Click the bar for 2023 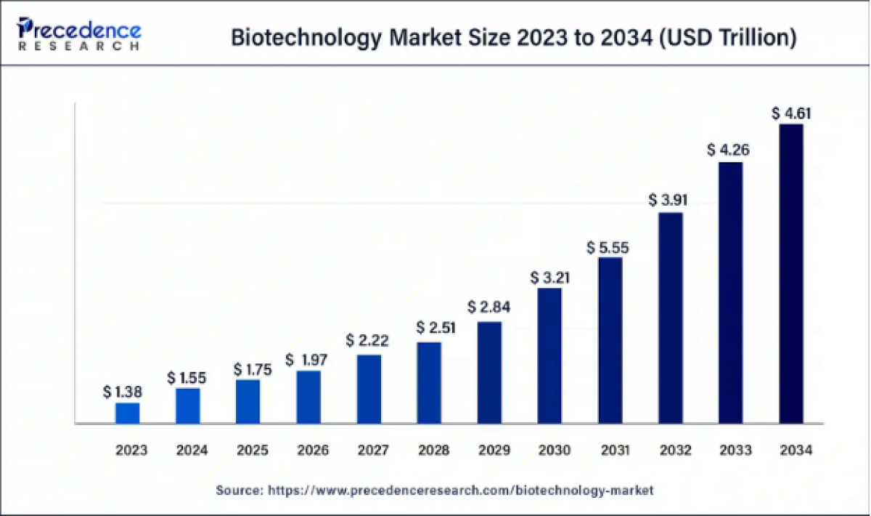127,413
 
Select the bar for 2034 791,273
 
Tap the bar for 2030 549,355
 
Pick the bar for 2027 369,389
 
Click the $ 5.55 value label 608,248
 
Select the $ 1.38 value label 123,392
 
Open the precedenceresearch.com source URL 461,491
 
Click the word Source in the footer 239,491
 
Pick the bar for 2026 308,397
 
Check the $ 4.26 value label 729,151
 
